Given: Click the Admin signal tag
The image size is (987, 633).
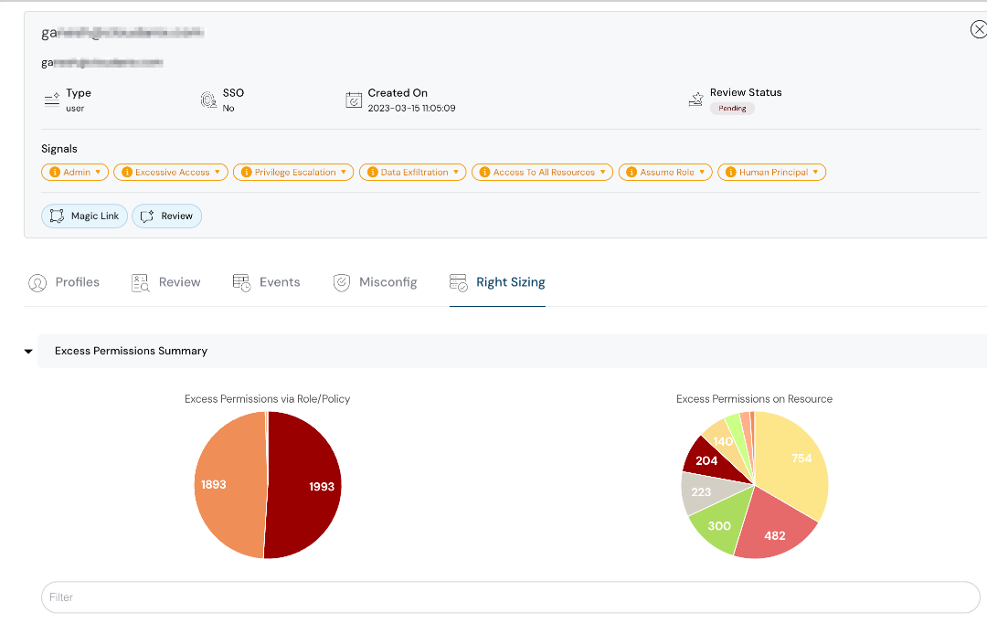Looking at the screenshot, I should point(75,172).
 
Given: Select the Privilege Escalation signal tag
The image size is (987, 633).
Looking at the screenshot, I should point(293,172).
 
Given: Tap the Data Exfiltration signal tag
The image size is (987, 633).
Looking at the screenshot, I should point(412,172).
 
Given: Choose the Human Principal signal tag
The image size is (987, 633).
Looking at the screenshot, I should point(771,172).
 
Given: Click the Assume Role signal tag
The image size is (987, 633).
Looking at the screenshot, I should point(665,172).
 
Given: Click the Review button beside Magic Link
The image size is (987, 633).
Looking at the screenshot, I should point(167,216).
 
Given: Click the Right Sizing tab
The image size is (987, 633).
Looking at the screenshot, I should point(497,282).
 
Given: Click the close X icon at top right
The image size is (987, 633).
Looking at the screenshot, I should point(978,30).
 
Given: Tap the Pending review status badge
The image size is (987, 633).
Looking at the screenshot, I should point(732,109).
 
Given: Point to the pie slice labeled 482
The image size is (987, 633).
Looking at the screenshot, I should point(775,535).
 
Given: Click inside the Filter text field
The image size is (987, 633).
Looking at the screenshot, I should point(510,597).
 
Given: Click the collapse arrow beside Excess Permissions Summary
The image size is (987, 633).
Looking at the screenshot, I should point(28,351).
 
